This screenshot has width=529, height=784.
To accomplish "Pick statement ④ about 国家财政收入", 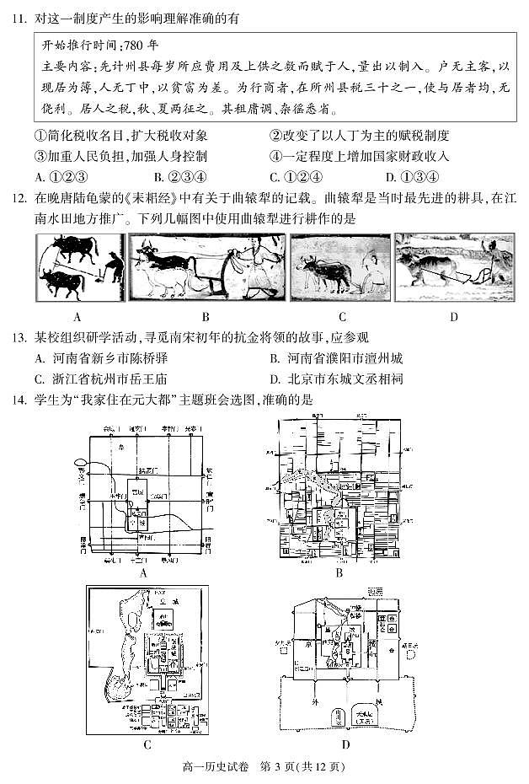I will click(x=359, y=156).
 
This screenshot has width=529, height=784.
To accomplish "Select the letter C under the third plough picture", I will click(x=342, y=317).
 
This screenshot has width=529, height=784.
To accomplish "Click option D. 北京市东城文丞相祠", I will click(x=337, y=379).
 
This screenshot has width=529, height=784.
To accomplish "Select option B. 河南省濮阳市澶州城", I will click(x=337, y=358).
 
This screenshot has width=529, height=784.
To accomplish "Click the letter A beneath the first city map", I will click(x=144, y=572).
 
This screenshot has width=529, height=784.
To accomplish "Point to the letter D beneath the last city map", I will click(x=346, y=744).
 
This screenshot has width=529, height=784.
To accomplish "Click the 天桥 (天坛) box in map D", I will click(x=368, y=714).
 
